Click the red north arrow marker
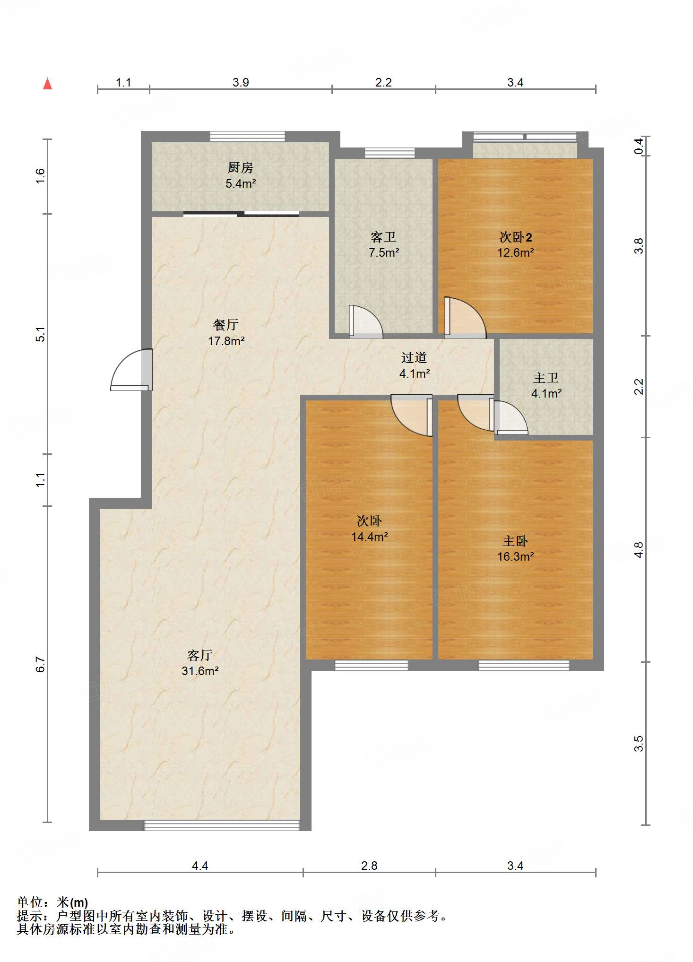coord(47,84)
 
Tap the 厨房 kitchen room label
coord(241,167)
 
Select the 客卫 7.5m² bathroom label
coord(384,244)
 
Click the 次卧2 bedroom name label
coord(516,237)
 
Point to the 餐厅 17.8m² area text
coord(226,341)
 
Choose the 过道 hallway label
coord(414,358)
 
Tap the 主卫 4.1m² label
coord(546,385)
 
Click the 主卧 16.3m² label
coord(515,548)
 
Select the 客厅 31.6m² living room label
coord(200,663)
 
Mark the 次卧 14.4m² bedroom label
coord(370,529)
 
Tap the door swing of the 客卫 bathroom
coord(365,322)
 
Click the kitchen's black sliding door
coord(241,214)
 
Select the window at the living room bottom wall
coord(222,825)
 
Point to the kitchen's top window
coord(247,137)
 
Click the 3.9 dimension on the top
coord(241,82)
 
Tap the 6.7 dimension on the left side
coord(41,664)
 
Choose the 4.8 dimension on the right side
coord(639,550)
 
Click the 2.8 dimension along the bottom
coord(369,866)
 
